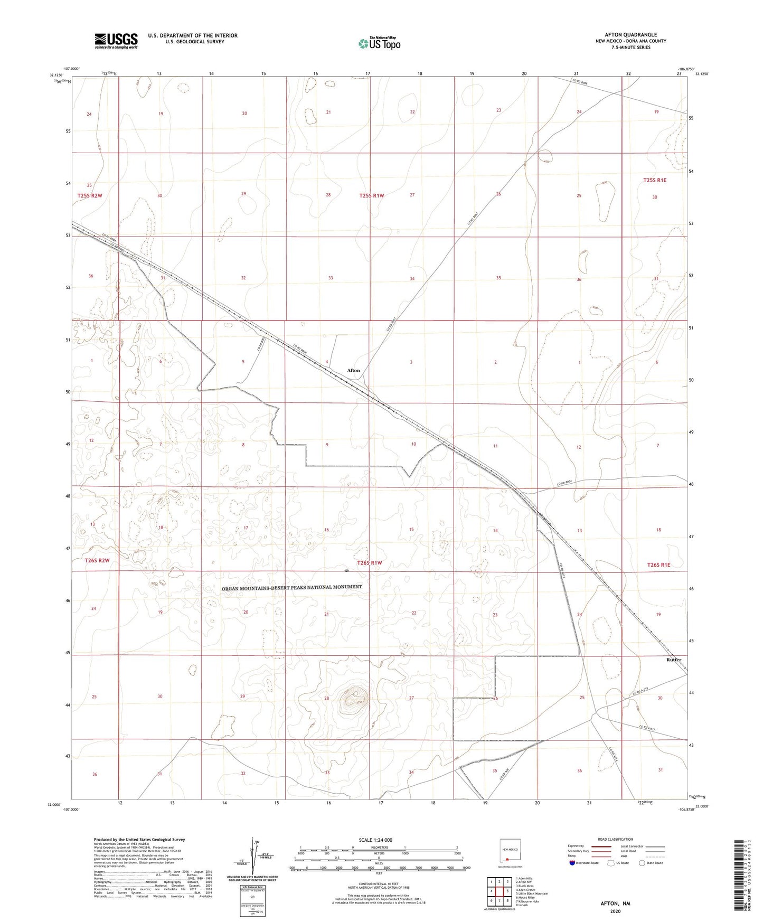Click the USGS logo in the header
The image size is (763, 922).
coord(116,41)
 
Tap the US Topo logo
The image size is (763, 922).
coord(379,43)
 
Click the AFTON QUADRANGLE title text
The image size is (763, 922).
coord(630,35)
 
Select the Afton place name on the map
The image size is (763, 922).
coord(354,370)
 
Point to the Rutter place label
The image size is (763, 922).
coord(674,660)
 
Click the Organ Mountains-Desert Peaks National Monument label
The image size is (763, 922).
coord(292,587)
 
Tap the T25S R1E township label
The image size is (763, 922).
coord(655,180)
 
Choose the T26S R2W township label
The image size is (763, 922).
coord(97,560)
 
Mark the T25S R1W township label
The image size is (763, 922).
coord(371,195)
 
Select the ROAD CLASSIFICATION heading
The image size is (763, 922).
coord(615,839)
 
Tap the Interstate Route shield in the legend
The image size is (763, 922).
coord(572,863)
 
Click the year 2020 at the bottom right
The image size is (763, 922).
coord(615,911)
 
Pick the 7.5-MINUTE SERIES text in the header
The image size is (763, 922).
coord(630,48)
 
